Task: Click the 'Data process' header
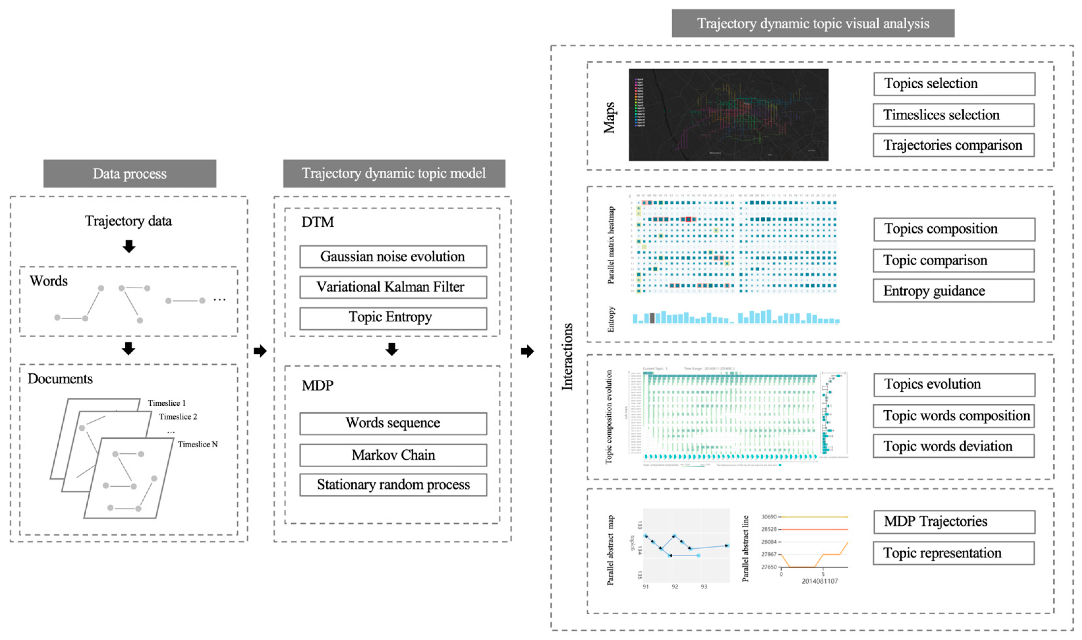click(130, 173)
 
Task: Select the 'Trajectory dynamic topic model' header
click(394, 173)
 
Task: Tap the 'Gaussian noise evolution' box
click(393, 257)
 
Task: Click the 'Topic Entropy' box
click(393, 318)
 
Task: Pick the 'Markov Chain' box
click(393, 455)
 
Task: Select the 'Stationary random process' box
click(393, 485)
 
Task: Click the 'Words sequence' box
click(393, 423)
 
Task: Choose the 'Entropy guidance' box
click(953, 291)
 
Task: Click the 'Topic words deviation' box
click(953, 446)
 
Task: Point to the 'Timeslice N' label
click(197, 444)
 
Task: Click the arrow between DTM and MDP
click(392, 349)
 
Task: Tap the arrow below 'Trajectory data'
click(129, 246)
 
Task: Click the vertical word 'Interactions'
click(567, 357)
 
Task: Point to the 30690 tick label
click(769, 517)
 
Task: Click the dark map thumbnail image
click(728, 115)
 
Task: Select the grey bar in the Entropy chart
click(652, 318)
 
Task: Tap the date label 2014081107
click(819, 581)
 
